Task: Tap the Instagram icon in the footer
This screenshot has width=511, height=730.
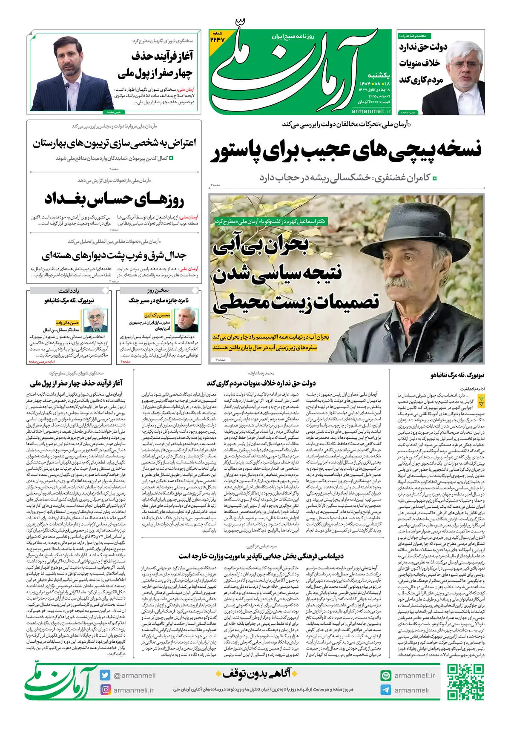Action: coord(105,690)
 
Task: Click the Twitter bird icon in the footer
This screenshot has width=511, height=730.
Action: coord(105,675)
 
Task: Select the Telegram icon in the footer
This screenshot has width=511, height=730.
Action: coord(386,690)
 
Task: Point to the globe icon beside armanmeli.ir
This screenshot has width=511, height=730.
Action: coord(386,675)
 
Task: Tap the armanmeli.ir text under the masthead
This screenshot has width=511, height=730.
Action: coord(371,111)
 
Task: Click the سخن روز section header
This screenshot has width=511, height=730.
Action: coord(158,290)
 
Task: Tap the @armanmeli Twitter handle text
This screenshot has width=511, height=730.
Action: coord(134,675)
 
